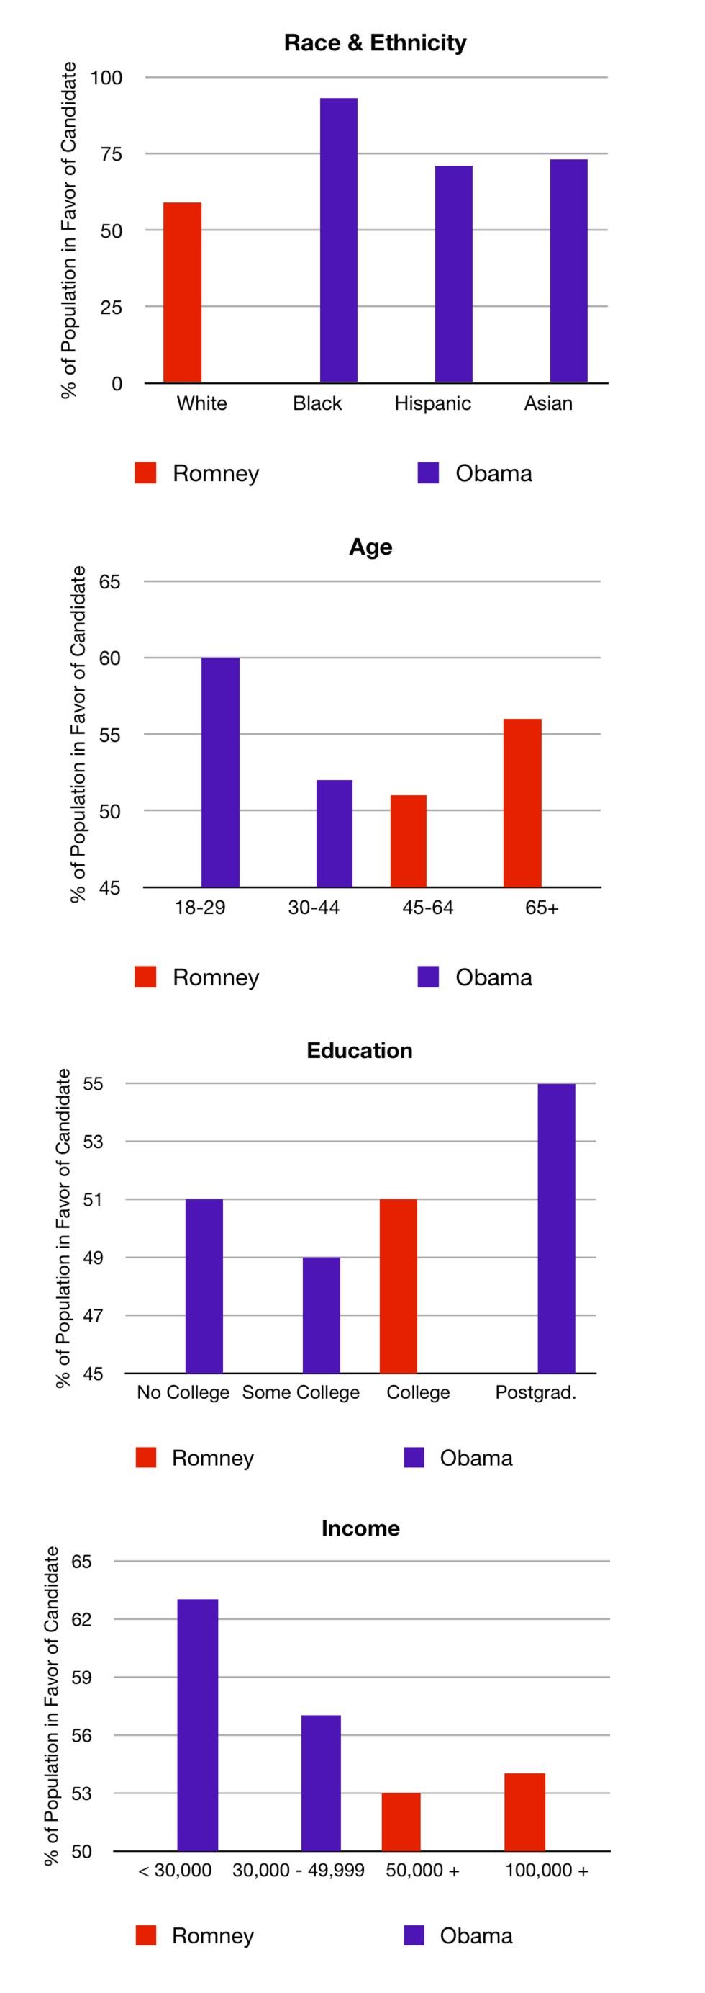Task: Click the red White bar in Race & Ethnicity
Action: (x=183, y=292)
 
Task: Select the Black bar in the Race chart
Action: (x=339, y=240)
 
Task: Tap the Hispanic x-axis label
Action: (x=432, y=403)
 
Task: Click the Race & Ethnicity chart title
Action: (x=375, y=42)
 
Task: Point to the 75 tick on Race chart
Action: (x=112, y=154)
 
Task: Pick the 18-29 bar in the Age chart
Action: (x=220, y=772)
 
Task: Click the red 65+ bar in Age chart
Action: (x=522, y=803)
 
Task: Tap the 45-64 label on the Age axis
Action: (x=427, y=907)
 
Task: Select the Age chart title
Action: (x=370, y=546)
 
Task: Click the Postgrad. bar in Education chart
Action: (x=557, y=1229)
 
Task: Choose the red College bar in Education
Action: (x=398, y=1286)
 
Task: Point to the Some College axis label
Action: (x=301, y=1392)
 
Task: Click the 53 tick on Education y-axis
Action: (x=93, y=1141)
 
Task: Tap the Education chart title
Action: (x=360, y=1050)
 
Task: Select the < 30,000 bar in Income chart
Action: (x=198, y=1725)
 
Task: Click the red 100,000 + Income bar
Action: (x=525, y=1812)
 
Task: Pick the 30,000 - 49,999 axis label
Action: (x=299, y=1870)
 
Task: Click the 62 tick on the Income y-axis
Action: (x=82, y=1619)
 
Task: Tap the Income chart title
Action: (x=360, y=1528)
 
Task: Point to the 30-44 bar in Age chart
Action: (x=334, y=833)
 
